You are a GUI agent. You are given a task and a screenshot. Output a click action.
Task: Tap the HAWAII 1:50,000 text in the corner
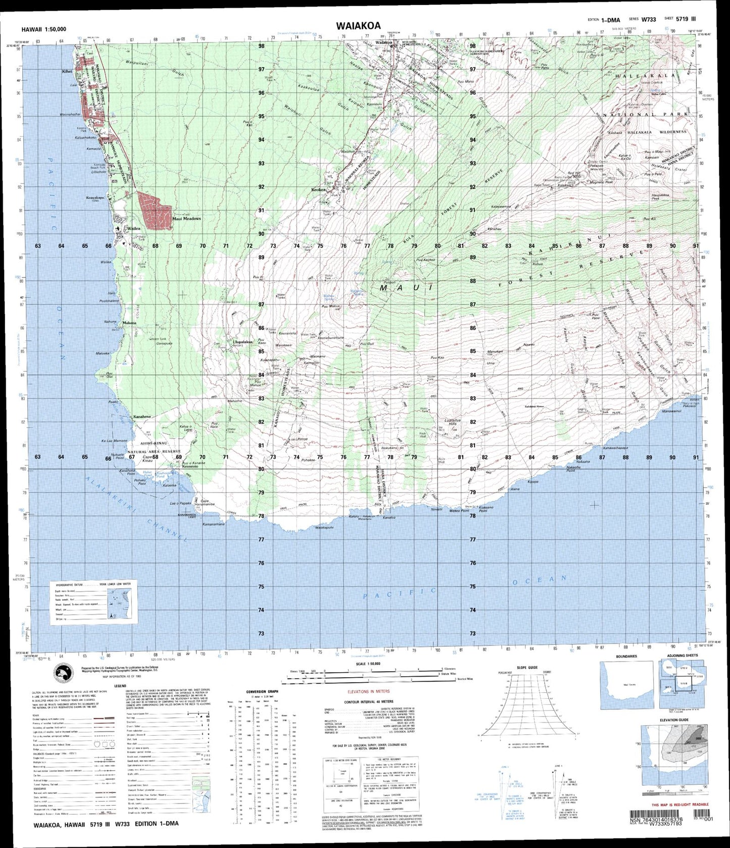coord(44,30)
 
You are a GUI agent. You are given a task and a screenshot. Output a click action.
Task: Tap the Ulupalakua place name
coord(242,342)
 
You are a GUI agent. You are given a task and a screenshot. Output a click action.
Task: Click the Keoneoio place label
coord(185,466)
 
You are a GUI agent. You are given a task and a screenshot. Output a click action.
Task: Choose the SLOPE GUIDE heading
coord(527,668)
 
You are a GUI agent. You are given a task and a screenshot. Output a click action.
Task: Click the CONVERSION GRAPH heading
coord(262,691)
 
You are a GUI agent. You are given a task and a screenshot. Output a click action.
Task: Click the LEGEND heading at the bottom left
coord(120,686)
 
